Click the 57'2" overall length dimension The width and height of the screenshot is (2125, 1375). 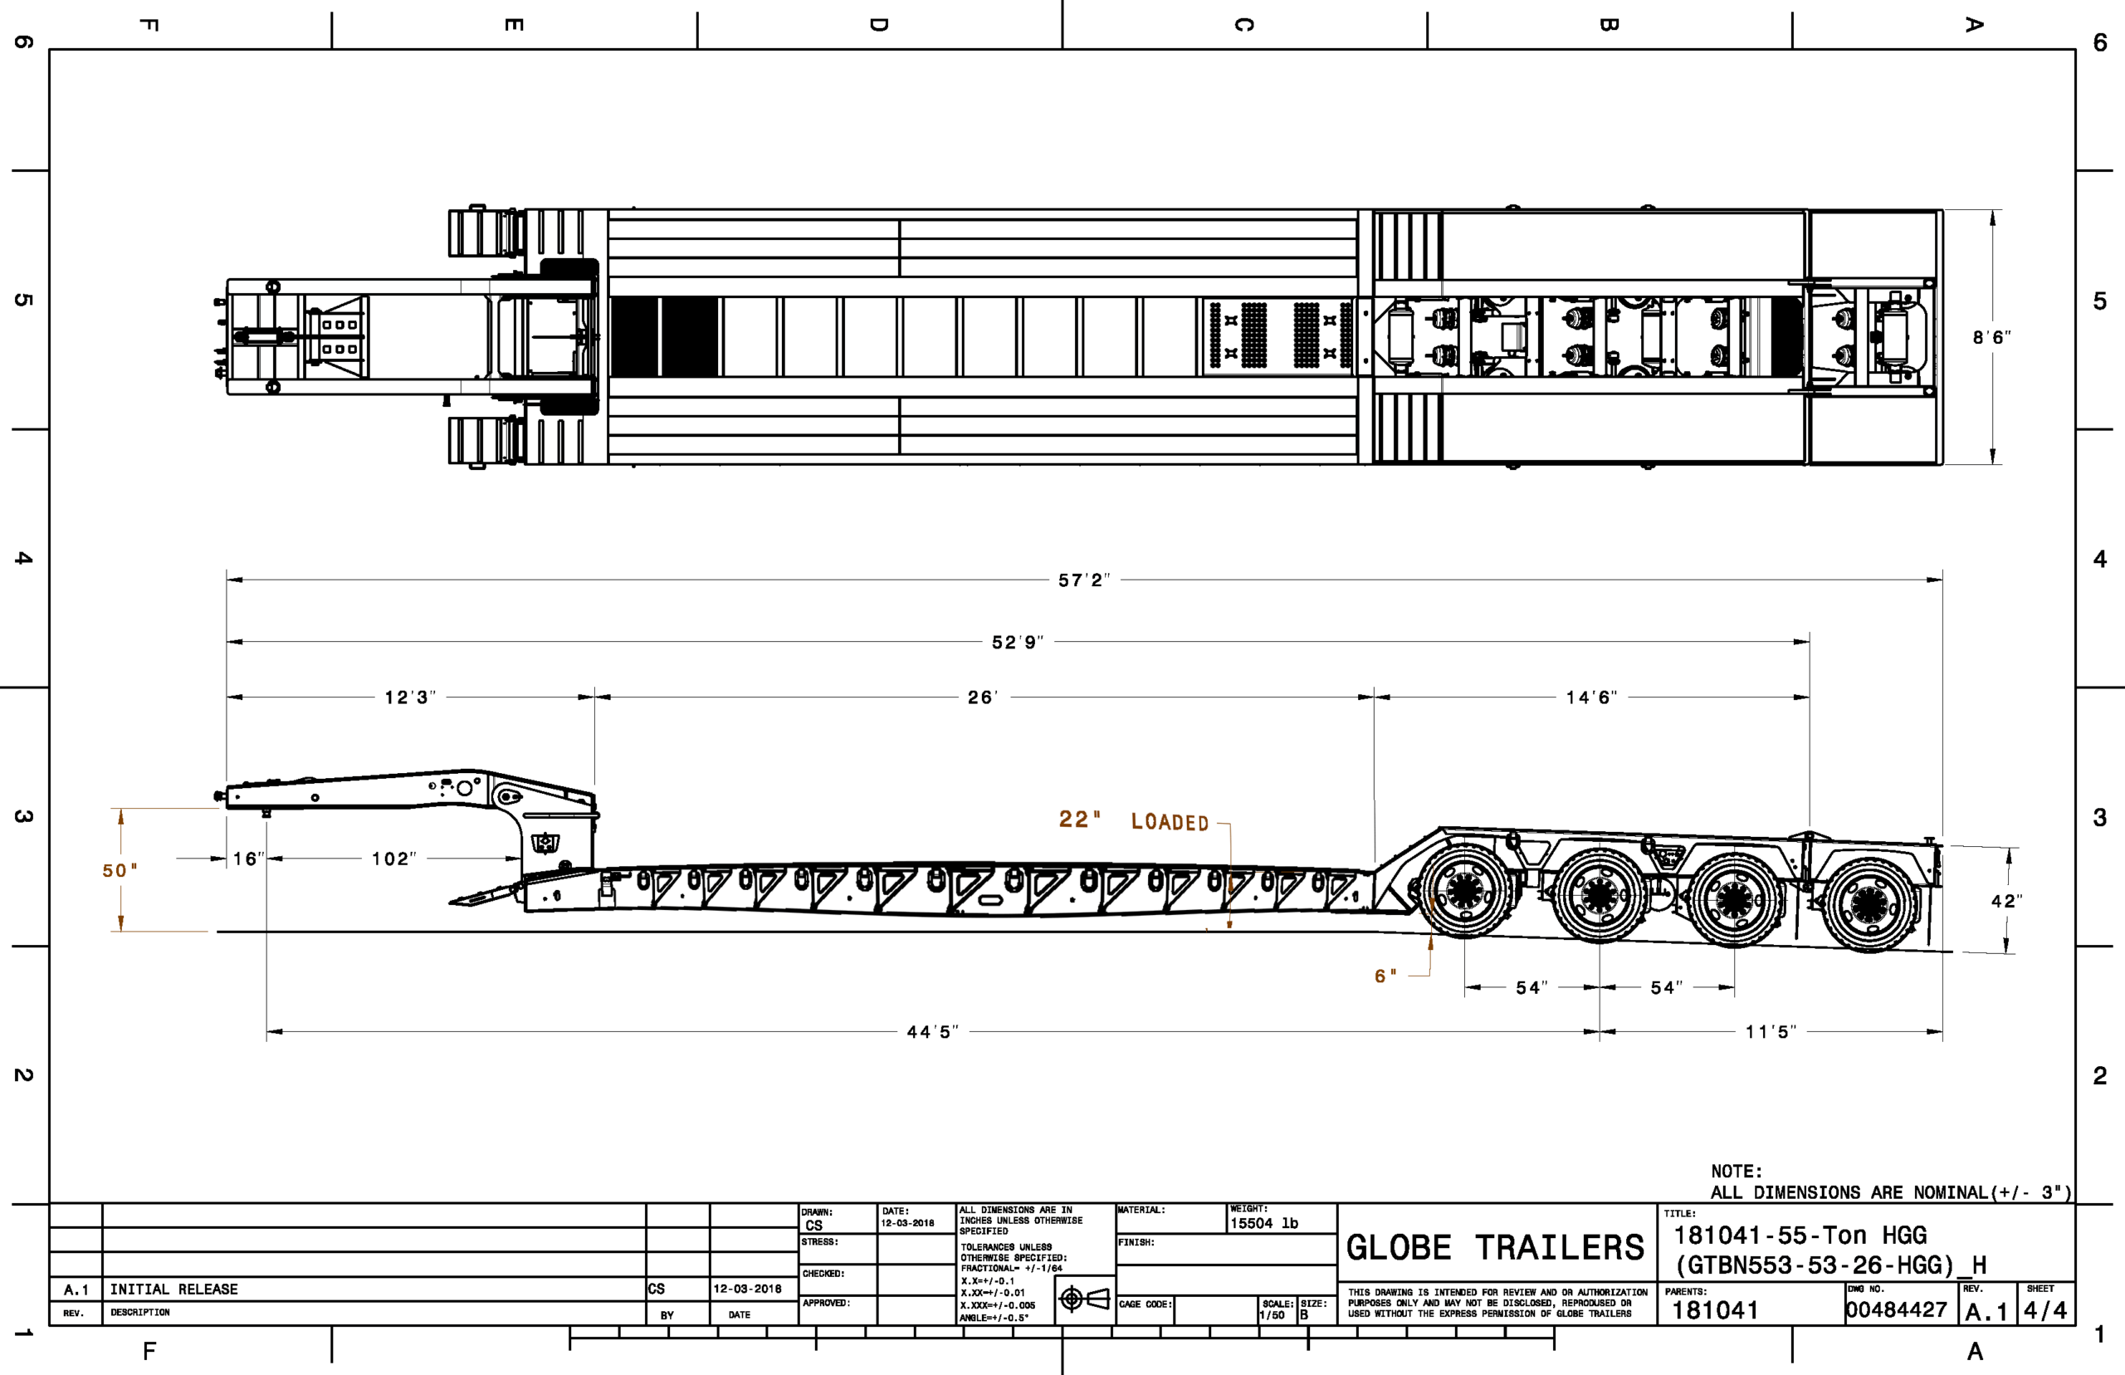1083,580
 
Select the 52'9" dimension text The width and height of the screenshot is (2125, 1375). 1018,642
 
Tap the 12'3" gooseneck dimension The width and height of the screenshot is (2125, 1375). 410,697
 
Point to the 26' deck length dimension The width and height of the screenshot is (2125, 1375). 982,697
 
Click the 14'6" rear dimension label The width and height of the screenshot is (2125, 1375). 1591,697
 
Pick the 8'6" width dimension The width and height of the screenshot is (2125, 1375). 1992,337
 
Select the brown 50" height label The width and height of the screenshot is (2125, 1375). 120,870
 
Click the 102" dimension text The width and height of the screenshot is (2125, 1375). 393,859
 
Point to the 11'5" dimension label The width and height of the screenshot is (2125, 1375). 1771,1032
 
